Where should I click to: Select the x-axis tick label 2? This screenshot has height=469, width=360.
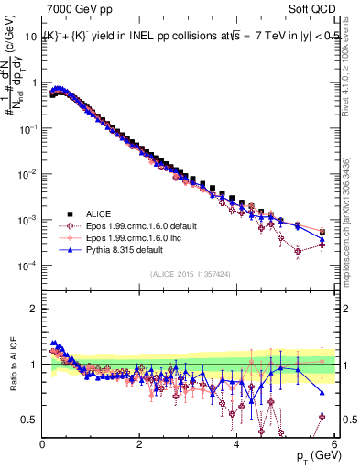(139, 445)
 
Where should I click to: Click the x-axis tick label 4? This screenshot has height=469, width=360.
(236, 445)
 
